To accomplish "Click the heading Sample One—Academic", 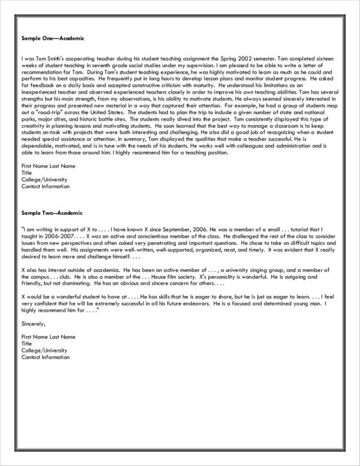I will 49,38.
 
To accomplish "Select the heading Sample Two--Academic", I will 52,213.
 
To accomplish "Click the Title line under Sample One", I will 26,172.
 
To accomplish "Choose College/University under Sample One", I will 44,180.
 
